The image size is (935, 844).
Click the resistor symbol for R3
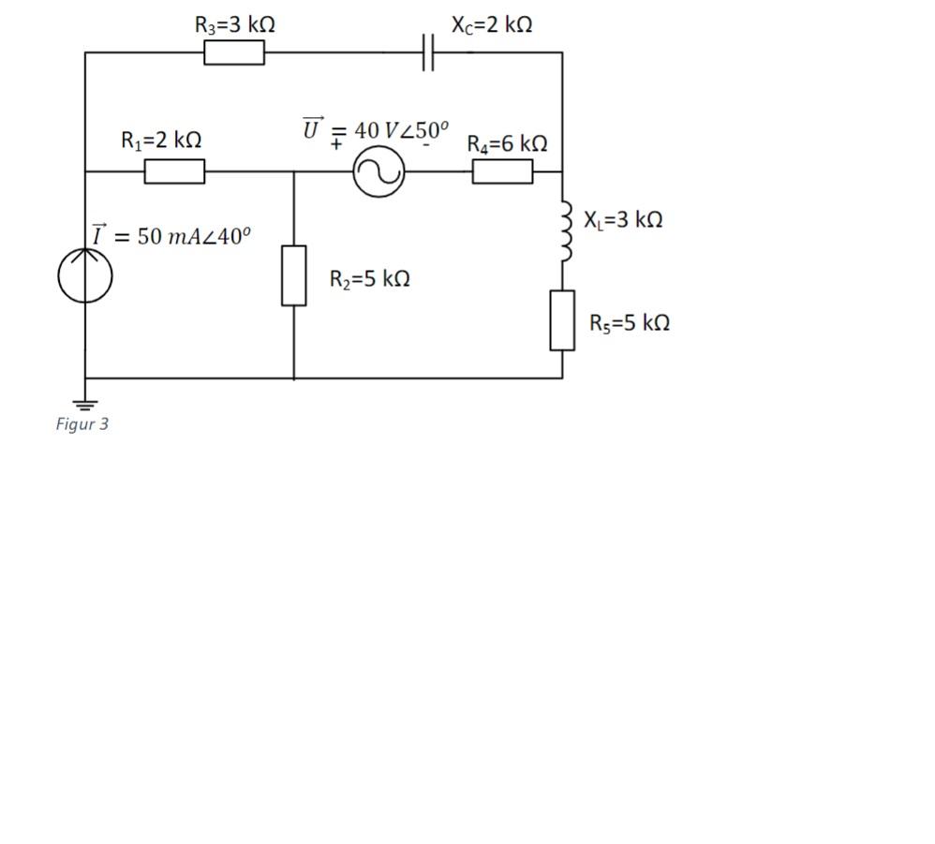coord(234,52)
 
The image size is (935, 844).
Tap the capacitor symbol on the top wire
coord(427,52)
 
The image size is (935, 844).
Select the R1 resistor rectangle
coord(174,171)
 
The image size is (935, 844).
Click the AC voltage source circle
coord(378,171)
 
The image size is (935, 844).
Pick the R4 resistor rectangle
coord(502,171)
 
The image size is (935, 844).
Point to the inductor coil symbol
coord(565,230)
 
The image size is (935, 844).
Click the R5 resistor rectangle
coord(562,320)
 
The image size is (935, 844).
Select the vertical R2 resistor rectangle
coord(294,275)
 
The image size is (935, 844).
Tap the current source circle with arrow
coord(85,275)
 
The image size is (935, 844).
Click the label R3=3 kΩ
coord(235,25)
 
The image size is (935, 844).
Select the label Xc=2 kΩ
coord(492,25)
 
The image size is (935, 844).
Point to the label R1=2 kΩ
coord(161,141)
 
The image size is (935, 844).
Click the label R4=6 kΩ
coord(507,144)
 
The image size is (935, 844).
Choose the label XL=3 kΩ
coord(623,220)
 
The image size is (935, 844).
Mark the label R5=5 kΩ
coord(630,323)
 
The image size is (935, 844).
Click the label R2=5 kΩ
coord(369,279)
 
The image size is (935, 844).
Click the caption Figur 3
coord(82,424)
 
